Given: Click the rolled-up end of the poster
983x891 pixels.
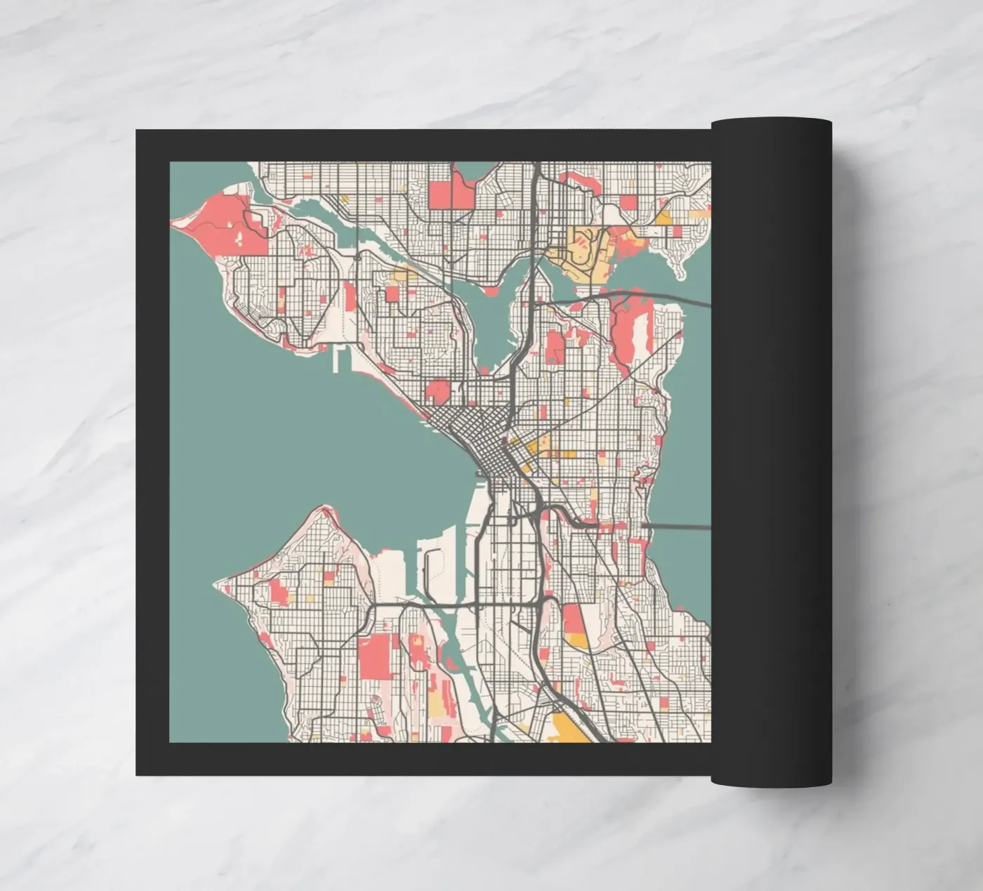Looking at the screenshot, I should pos(771,449).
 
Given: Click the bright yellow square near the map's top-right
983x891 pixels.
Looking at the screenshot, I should pos(662,218).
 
